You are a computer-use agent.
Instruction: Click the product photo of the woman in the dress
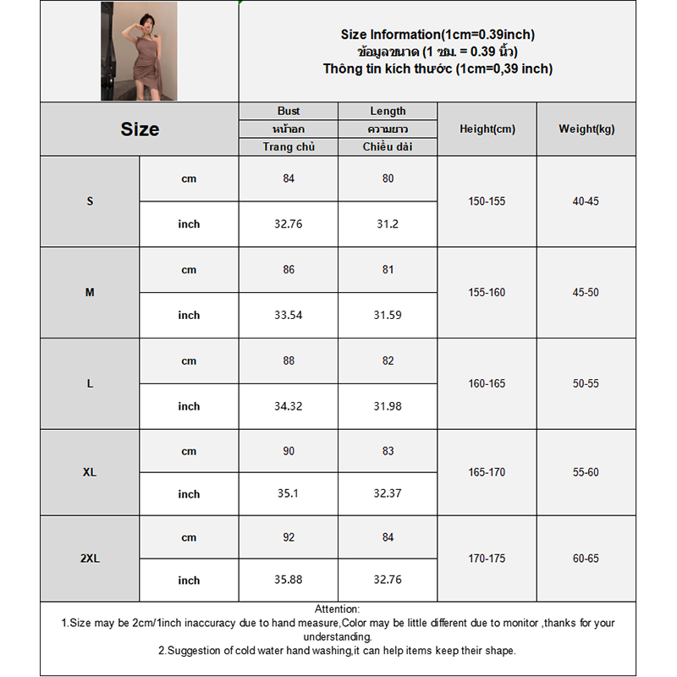pos(139,52)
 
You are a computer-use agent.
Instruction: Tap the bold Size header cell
pos(140,129)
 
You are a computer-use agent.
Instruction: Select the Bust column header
pos(289,111)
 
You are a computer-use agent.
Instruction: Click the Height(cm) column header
pos(487,129)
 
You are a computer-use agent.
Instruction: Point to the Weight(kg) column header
pos(586,129)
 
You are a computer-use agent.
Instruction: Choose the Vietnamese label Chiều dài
pos(388,147)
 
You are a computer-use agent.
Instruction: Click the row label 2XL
pos(90,559)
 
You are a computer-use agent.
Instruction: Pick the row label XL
pos(90,472)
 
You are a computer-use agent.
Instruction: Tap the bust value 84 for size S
pos(289,179)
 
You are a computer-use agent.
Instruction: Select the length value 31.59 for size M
pos(388,315)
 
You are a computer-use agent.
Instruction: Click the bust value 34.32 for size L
pos(289,406)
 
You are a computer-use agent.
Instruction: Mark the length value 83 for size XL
pos(388,451)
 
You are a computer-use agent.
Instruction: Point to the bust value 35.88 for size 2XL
pos(289,581)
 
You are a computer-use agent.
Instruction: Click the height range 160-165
pos(487,383)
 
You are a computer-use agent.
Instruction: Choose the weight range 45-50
pos(586,293)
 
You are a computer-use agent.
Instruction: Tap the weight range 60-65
pos(586,559)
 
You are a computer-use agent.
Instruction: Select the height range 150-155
pos(487,201)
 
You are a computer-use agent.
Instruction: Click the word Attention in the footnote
pos(337,609)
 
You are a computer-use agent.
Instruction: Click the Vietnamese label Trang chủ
pos(289,147)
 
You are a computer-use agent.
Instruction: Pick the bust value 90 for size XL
pos(289,451)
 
